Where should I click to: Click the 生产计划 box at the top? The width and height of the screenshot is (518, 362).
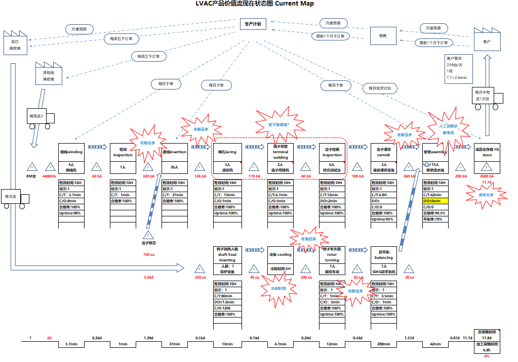(253, 24)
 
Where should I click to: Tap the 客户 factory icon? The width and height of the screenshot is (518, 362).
(487, 40)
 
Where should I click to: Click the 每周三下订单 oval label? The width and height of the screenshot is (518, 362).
(148, 56)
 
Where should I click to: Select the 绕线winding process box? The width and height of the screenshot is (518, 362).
(71, 152)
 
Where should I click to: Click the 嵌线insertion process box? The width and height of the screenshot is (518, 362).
(174, 152)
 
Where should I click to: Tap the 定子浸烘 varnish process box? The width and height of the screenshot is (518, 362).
(383, 152)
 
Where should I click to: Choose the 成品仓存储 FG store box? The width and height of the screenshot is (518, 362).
(487, 152)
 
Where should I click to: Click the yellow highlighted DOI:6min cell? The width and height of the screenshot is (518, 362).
(435, 201)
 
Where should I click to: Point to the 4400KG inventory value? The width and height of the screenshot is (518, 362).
(49, 176)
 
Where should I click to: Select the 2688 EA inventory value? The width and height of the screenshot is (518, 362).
(487, 176)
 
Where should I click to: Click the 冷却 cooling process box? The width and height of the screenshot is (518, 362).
(281, 254)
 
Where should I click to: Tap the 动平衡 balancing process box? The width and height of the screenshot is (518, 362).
(383, 254)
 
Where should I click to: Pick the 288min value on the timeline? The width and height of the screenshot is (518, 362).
(383, 344)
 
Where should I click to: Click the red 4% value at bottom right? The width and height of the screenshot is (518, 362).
(487, 356)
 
